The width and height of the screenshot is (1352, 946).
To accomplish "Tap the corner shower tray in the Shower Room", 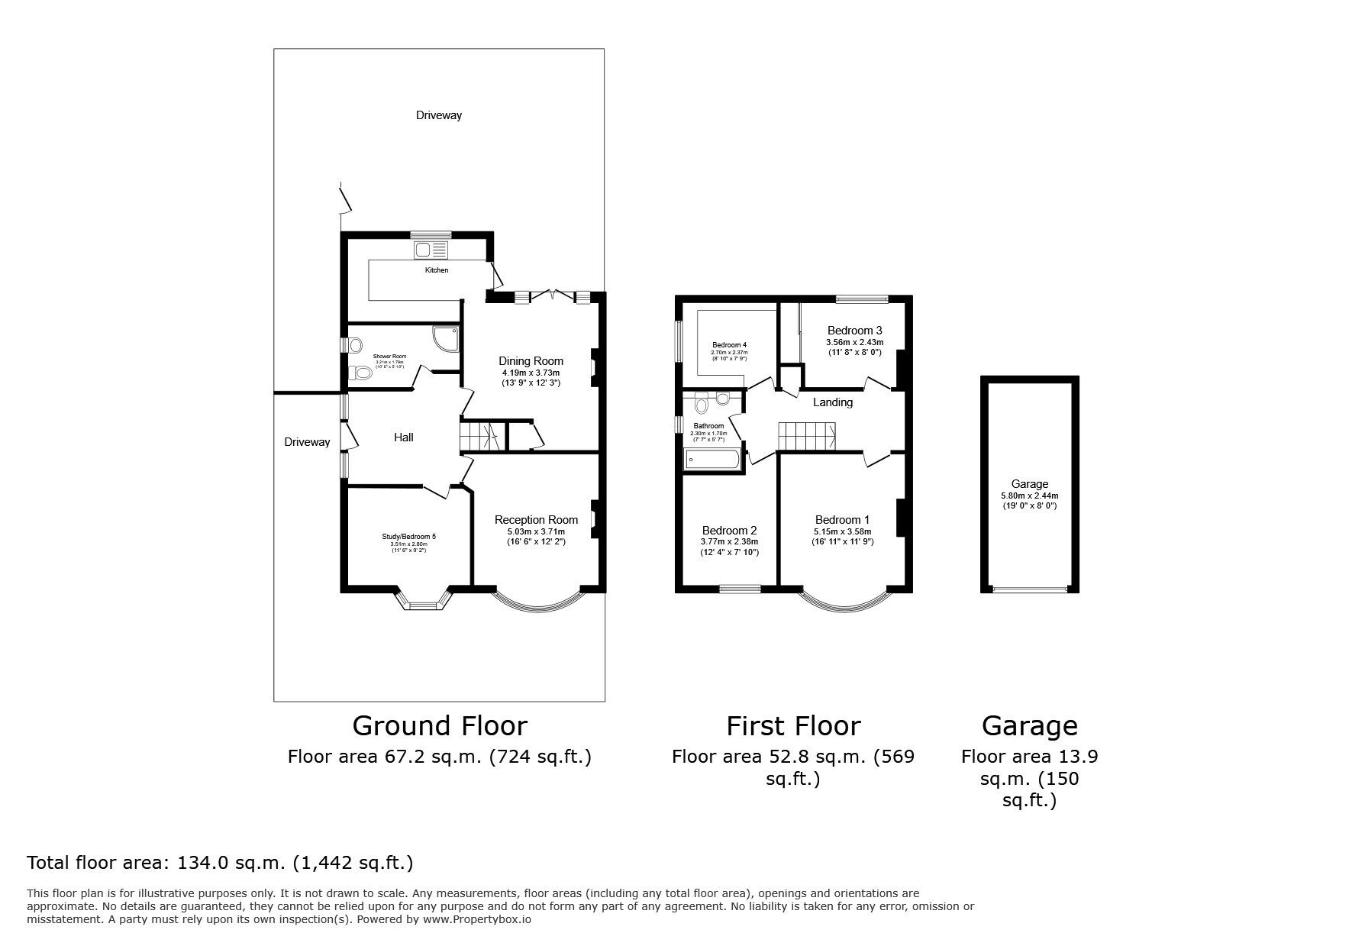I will click(446, 337).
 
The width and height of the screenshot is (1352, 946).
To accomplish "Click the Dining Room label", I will click(531, 361).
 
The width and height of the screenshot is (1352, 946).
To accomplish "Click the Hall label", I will click(403, 437).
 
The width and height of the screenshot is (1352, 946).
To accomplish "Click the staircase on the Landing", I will click(806, 438).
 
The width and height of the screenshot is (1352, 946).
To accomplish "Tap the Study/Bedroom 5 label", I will click(408, 536).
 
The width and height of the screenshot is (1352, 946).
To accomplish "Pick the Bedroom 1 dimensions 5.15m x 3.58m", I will click(842, 531).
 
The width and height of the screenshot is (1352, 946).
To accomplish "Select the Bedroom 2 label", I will click(729, 531).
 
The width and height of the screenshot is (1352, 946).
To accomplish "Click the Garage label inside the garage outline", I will click(1029, 483).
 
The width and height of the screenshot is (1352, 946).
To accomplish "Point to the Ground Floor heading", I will click(439, 725).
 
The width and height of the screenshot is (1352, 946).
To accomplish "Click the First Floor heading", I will click(792, 725).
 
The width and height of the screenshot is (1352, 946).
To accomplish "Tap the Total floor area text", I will click(220, 863).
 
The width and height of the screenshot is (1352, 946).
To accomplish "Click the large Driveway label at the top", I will click(438, 115).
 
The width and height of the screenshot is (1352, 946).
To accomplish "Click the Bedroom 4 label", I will click(729, 344).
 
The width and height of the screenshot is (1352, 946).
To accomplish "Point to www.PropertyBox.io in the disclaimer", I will click(477, 919).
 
